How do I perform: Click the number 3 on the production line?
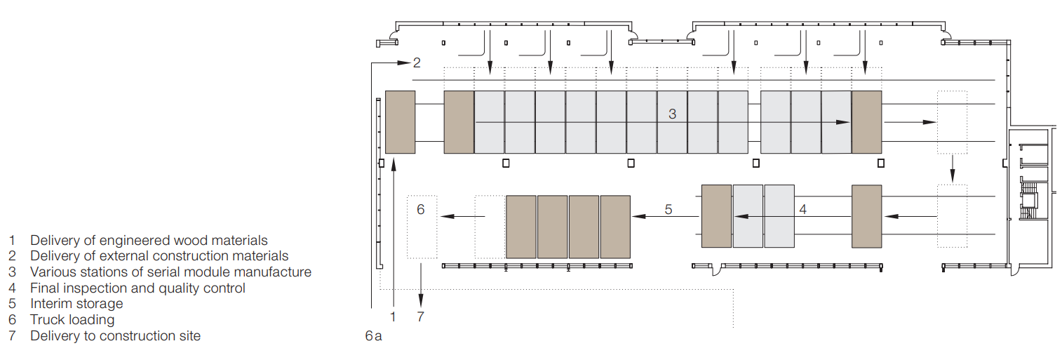coord(672,113)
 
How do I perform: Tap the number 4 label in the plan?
coord(803,208)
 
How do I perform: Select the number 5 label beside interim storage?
coord(668,209)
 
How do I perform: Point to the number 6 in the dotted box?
coord(421,209)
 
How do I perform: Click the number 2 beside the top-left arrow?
coord(417,63)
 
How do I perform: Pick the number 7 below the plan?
coord(421,316)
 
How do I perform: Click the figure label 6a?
coord(373,336)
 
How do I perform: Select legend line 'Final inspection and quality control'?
coord(137,288)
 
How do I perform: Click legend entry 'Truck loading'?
coord(72,320)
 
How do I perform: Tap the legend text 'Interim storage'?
coord(76,304)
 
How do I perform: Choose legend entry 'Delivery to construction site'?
coord(115,336)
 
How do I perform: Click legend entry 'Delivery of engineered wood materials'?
coord(149,241)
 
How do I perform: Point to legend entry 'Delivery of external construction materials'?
coord(159,257)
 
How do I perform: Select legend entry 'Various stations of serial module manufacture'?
coord(170,272)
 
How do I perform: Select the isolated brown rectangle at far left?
coord(400,122)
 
